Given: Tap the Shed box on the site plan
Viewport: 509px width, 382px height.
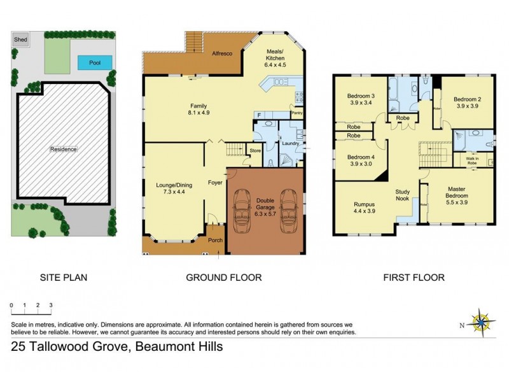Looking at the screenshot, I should (x=21, y=39).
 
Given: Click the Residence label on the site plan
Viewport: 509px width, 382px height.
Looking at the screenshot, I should (x=64, y=149).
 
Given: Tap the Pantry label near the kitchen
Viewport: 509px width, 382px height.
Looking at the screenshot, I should (x=297, y=113).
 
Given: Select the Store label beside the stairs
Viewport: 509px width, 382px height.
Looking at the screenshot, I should (x=255, y=151).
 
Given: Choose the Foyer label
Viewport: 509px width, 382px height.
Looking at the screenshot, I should (x=214, y=183).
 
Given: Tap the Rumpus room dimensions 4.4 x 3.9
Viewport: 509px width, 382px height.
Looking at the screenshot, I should (x=365, y=211).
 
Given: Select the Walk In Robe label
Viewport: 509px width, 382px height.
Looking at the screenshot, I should (x=471, y=160).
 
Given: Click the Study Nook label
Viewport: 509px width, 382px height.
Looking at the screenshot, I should (x=403, y=194).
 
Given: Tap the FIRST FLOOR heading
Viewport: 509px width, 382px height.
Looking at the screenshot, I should (x=414, y=278).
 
